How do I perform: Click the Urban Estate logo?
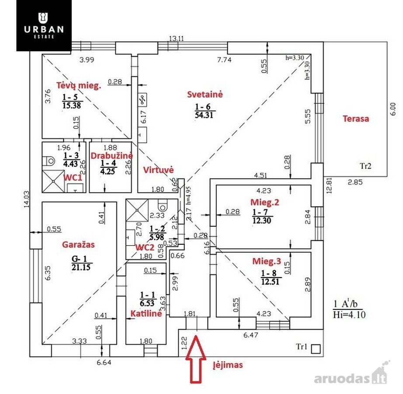tap(44, 25)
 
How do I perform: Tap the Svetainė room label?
tap(205, 95)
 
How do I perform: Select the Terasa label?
tap(356, 119)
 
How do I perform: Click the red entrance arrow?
tap(196, 359)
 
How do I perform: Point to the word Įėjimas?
tap(228, 365)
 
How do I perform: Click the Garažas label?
tap(78, 244)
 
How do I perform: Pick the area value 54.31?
tap(204, 115)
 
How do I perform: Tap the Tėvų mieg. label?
tap(79, 85)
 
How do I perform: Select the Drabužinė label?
tap(111, 156)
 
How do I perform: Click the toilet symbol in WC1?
tap(49, 161)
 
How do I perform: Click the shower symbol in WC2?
tap(137, 210)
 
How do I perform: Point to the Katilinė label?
tap(146, 313)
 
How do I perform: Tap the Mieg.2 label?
tap(265, 202)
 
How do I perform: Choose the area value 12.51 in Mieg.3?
tap(270, 281)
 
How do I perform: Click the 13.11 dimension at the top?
tap(176, 39)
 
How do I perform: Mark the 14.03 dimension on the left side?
tap(27, 199)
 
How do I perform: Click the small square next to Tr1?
tap(316, 349)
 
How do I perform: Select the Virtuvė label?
tap(159, 170)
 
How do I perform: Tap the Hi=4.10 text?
tap(349, 314)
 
